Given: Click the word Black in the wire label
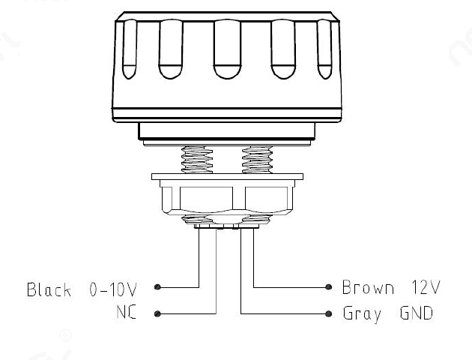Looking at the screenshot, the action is coord(49,289).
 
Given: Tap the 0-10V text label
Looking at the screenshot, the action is coord(113,289).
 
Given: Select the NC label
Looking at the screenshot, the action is coord(127,312).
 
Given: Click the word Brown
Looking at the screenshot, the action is coord(368,287).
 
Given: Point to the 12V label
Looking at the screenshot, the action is coord(426,287).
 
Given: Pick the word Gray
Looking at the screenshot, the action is coord(362,314).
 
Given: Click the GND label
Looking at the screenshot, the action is coord(417,313).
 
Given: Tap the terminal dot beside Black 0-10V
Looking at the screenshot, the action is coord(157,287).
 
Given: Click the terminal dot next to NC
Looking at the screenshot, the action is coord(157,314).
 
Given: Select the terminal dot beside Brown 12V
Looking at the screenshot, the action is coord(329,287).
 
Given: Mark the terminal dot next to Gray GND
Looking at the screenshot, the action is coord(329,314).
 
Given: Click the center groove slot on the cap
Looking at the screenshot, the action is coord(227,49).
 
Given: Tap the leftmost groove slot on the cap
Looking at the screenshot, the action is coord(130,49).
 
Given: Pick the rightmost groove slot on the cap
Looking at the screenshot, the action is coord(325,49).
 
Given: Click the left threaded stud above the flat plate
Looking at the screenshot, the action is coord(197,160).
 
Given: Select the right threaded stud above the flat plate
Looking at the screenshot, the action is coord(258,160).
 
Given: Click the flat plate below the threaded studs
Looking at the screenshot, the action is coord(227,177).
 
